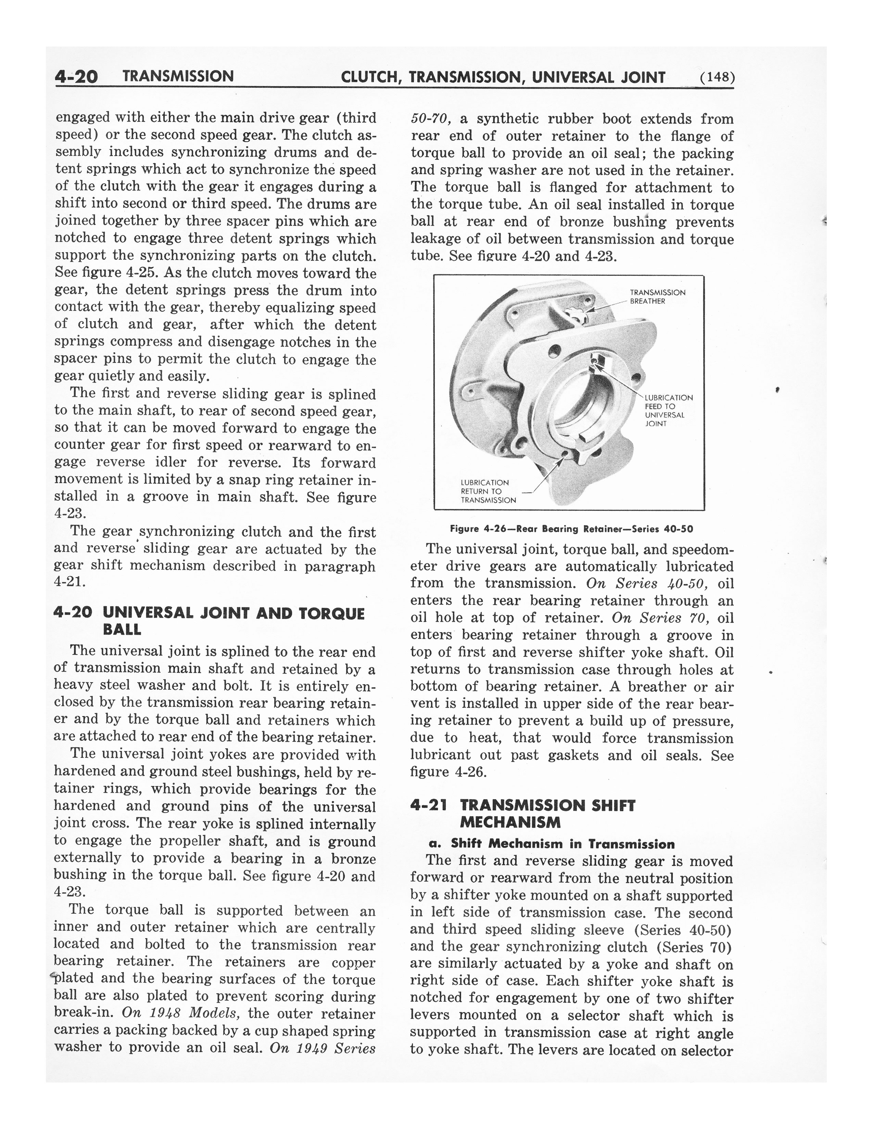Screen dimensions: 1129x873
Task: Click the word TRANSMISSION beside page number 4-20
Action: pyautogui.click(x=178, y=77)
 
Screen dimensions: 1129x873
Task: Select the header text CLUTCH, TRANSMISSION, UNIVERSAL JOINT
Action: pyautogui.click(x=503, y=78)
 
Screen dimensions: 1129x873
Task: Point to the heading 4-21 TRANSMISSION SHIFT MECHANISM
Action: pyautogui.click(x=522, y=813)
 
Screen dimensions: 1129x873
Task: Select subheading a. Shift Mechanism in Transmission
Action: pyautogui.click(x=552, y=844)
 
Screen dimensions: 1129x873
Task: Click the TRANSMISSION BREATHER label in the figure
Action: pyautogui.click(x=657, y=297)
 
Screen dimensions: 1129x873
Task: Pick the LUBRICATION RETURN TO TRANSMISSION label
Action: pyautogui.click(x=488, y=491)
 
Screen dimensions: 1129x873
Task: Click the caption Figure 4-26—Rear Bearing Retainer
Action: pyautogui.click(x=571, y=529)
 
